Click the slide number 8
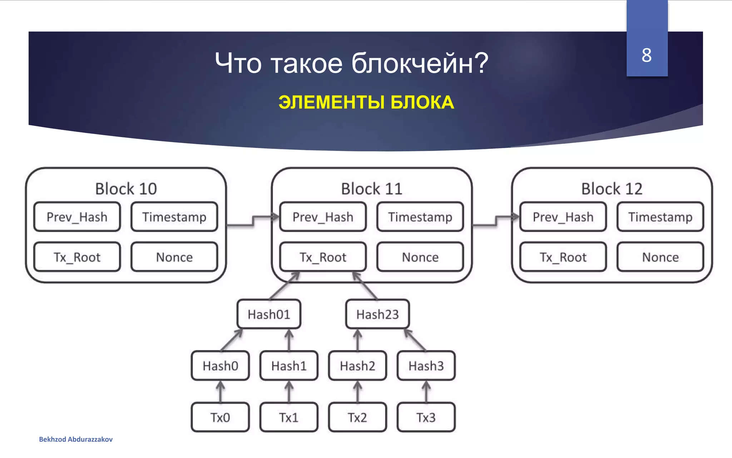tap(646, 55)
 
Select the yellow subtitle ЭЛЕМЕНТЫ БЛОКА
tap(366, 102)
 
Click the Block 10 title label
tap(126, 189)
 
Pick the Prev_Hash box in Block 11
tap(323, 217)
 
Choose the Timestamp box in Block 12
tap(660, 217)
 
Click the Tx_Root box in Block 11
tap(323, 257)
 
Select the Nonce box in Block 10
tap(174, 257)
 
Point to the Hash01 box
tap(269, 314)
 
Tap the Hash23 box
tap(377, 314)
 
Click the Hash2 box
tap(357, 366)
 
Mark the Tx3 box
tap(426, 417)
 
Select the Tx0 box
tap(220, 417)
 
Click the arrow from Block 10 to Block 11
tap(253, 220)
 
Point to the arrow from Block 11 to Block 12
tap(496, 220)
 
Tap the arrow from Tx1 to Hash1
tap(289, 391)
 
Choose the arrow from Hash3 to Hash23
tap(415, 340)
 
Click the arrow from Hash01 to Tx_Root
tap(285, 286)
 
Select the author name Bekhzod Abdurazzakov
tap(76, 439)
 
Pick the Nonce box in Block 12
tap(660, 257)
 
